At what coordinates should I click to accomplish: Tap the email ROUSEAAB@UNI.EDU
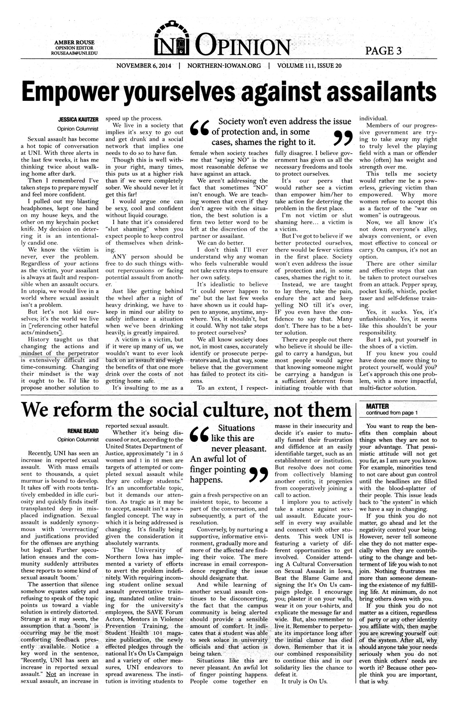point(76,53)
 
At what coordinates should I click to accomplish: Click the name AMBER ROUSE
point(76,42)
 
